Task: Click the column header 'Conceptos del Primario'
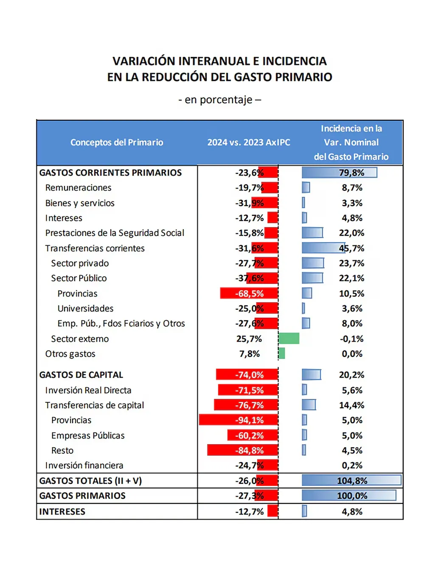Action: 117,142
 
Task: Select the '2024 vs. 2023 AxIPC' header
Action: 249,142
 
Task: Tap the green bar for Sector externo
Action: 289,339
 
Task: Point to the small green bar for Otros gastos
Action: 282,353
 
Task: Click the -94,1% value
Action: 250,420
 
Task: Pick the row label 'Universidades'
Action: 85,308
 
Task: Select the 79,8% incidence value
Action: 351,172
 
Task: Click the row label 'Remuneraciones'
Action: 78,188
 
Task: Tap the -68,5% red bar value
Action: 250,294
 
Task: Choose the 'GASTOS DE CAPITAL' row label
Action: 81,375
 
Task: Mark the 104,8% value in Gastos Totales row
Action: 352,480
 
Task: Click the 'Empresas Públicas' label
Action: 88,435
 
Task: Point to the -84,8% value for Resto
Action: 250,450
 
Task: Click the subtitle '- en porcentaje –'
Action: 219,100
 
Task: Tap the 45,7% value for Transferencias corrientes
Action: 351,248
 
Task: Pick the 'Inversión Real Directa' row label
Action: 88,390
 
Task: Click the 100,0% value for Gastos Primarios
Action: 352,496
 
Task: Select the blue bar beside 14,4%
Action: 309,405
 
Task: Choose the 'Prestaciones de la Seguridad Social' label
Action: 115,233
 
